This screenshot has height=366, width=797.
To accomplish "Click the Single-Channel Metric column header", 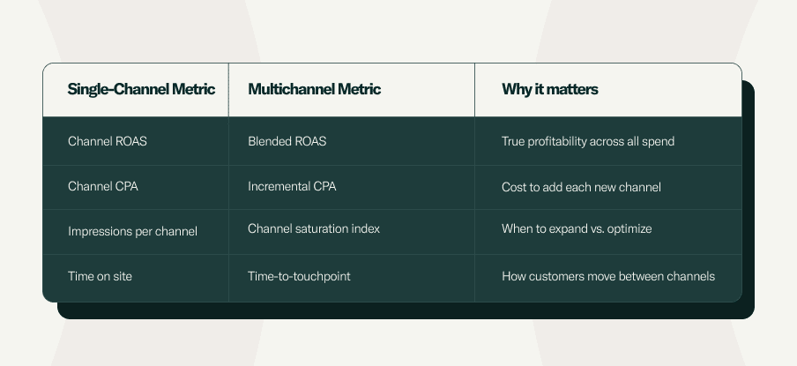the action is (141, 89).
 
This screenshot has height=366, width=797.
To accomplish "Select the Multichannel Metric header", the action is (314, 89).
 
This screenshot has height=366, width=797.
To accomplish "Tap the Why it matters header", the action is (550, 89).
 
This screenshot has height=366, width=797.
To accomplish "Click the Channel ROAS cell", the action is (108, 141).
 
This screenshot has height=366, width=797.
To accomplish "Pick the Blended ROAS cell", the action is (287, 141).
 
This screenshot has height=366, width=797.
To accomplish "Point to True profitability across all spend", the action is (588, 142).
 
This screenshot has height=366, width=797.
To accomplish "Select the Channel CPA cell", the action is (102, 187).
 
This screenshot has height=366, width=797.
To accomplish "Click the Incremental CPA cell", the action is (292, 187).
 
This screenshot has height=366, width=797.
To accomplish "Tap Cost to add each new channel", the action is (582, 187).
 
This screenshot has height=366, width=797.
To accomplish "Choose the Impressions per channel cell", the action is (132, 232).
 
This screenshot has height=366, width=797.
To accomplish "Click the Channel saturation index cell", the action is (314, 228).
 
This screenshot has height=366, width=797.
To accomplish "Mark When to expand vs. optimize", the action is (577, 229).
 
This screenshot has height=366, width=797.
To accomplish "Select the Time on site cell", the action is (100, 277).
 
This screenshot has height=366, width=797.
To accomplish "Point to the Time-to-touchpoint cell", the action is (299, 277).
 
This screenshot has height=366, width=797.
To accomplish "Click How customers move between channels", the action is (608, 277).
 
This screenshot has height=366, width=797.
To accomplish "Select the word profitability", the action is (557, 142).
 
